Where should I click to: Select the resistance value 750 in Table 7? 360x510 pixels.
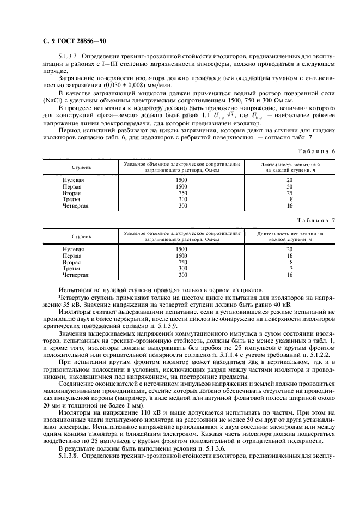pyautogui.click(x=182, y=262)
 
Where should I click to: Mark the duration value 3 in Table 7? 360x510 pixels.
pyautogui.click(x=291, y=269)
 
